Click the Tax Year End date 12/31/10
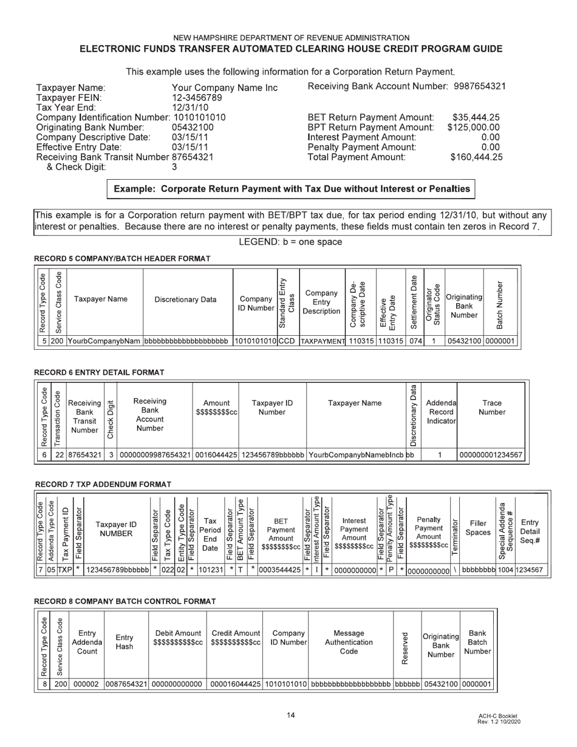(190, 107)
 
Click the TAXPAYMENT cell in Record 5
(323, 342)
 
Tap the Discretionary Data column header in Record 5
(185, 299)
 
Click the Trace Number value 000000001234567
(491, 455)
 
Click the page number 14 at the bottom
(291, 715)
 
